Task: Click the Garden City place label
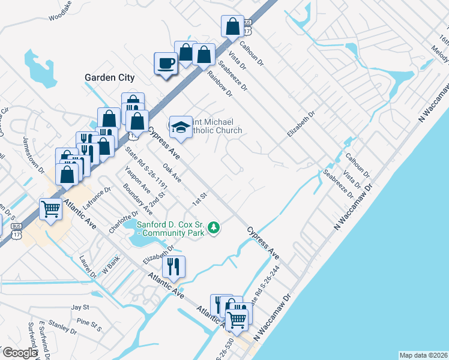click(109, 78)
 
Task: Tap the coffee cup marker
click(166, 63)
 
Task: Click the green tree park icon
click(213, 227)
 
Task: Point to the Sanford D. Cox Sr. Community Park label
click(171, 228)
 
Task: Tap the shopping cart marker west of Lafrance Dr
click(51, 209)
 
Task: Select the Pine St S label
click(88, 327)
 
